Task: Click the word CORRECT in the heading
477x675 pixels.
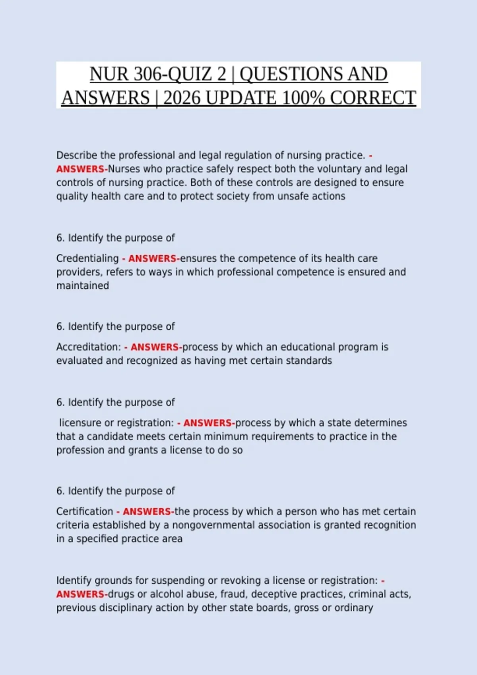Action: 372,98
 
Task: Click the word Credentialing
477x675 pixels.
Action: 87,258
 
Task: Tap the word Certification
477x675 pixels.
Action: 85,511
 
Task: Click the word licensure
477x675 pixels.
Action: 80,423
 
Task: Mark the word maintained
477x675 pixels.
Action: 83,286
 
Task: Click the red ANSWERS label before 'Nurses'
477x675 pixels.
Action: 81,169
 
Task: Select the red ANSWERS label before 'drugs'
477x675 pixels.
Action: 81,594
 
